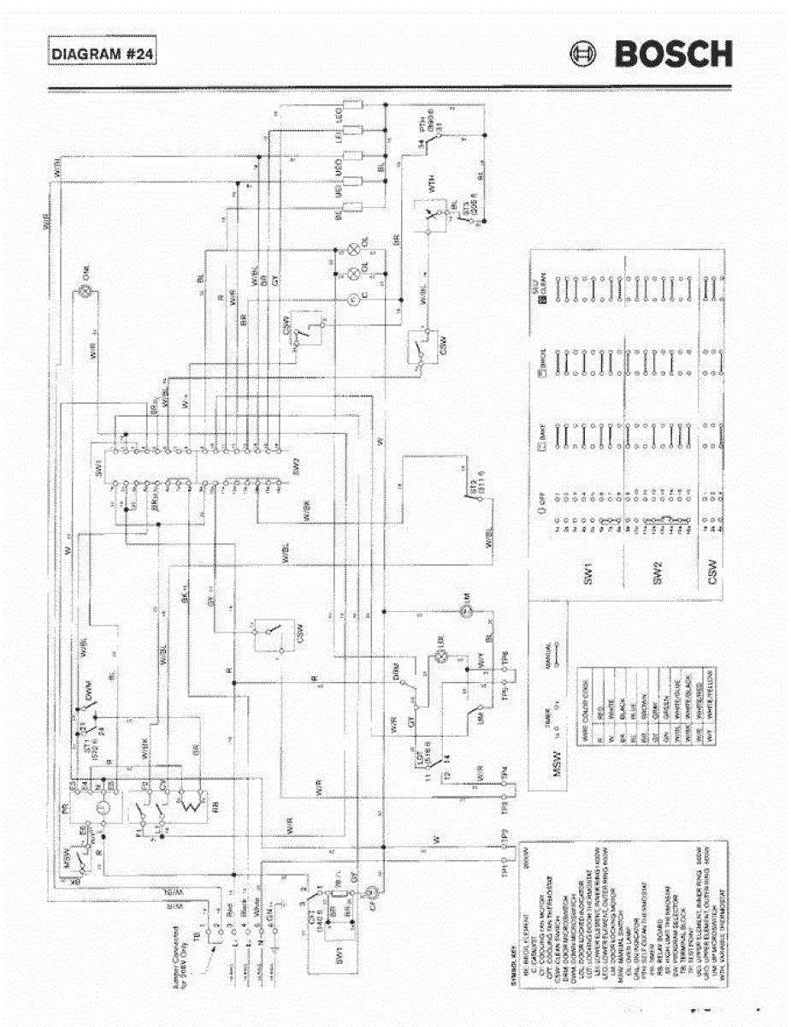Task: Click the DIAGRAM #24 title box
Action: click(x=103, y=54)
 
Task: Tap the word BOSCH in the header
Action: click(x=673, y=55)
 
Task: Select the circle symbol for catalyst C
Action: click(x=351, y=297)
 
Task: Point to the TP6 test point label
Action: click(x=506, y=658)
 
